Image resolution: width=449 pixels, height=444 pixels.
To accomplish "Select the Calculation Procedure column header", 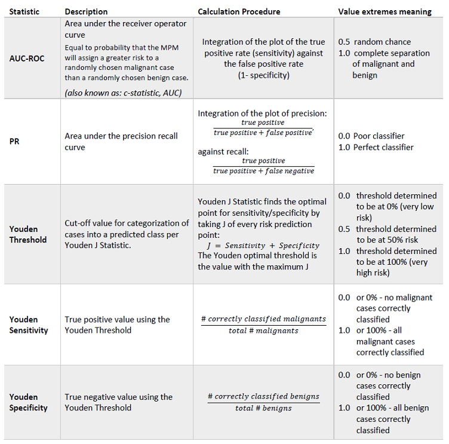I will tap(239, 11).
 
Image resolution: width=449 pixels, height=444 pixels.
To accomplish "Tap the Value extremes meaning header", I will tap(385, 11).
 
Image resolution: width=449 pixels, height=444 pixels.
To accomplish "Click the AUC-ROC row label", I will tap(27, 59).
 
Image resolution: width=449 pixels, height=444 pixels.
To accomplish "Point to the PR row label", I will tap(14, 142).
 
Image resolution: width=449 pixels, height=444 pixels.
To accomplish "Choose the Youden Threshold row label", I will tap(24, 234).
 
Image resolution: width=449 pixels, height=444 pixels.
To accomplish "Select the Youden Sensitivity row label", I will tap(28, 324).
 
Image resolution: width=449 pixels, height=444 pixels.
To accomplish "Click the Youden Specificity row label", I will tap(28, 402).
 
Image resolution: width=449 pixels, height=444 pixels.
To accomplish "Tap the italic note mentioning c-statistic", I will tap(123, 92).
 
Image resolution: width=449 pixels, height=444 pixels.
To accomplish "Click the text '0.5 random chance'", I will tap(374, 42).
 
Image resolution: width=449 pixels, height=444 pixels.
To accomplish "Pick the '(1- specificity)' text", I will tap(263, 75).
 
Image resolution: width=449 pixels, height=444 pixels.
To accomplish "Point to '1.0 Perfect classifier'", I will tap(376, 147).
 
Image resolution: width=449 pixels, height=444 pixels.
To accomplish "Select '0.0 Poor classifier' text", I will tap(371, 136).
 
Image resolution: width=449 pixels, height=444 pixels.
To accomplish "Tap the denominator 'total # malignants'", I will tap(263, 330).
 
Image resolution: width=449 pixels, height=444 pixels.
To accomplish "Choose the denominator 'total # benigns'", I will tap(263, 408).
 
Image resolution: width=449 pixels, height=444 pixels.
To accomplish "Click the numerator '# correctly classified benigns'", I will tap(263, 396).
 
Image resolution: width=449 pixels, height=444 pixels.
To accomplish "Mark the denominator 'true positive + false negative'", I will tap(263, 172).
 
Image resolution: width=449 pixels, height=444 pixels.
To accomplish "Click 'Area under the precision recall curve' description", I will tap(121, 142).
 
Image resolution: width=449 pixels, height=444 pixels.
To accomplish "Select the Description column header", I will tap(86, 11).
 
